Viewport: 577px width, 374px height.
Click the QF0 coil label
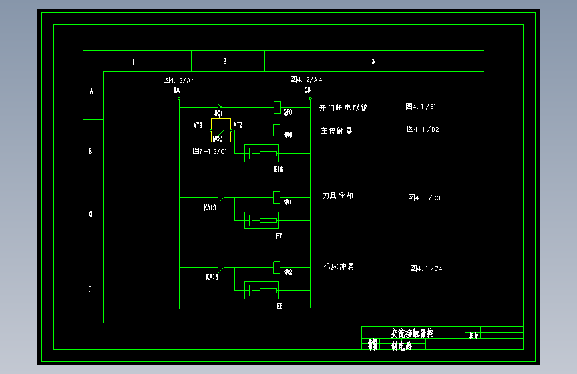tap(288, 112)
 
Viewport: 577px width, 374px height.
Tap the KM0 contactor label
tap(288, 135)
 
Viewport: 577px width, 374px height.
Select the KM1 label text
tap(288, 202)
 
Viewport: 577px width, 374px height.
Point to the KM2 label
tap(288, 272)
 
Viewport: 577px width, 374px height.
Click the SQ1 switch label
tap(218, 114)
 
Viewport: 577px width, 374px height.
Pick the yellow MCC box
tap(221, 130)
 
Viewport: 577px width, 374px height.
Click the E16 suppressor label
tap(278, 170)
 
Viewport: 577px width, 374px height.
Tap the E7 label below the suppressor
tap(279, 236)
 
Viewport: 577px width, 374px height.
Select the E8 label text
tap(279, 306)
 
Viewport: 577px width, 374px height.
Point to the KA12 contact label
tap(210, 208)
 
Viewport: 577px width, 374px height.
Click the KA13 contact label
tap(212, 276)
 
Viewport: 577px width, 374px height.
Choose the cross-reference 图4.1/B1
tap(421, 106)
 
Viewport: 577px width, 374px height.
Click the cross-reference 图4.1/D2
tap(423, 129)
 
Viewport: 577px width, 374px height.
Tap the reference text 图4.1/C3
tap(424, 198)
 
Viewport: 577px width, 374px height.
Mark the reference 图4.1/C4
tap(426, 268)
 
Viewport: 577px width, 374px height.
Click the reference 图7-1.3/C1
tap(210, 151)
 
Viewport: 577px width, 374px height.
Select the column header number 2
tap(225, 61)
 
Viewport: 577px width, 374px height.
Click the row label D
tap(91, 289)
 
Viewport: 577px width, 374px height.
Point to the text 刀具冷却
tap(337, 196)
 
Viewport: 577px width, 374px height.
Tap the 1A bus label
tap(176, 89)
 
